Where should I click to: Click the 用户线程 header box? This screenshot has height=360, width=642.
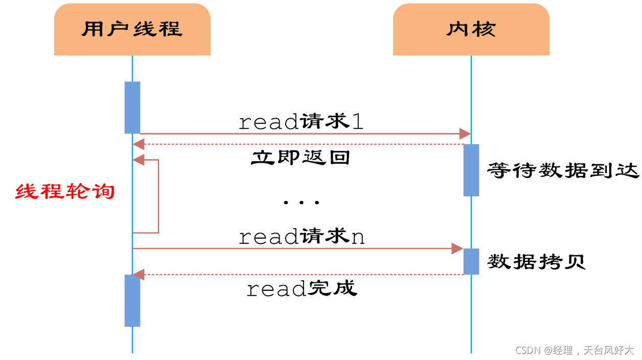pos(132,29)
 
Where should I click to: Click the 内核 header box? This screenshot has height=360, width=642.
pos(471,29)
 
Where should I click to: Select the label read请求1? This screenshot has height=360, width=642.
pos(301,122)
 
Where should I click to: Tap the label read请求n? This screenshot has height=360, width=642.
pos(302,237)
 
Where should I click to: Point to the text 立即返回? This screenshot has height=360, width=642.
pos(300,157)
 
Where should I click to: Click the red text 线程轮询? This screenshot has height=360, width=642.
pos(65,192)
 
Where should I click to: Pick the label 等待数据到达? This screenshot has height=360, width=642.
pos(563,170)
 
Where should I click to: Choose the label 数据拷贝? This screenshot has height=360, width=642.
pos(536,261)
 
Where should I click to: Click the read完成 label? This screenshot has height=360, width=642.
pos(302,289)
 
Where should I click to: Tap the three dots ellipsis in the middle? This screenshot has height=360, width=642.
pos(302,202)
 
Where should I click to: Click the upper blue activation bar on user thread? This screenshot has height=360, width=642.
pos(132,107)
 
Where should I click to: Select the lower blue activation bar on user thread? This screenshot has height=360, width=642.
pos(132,301)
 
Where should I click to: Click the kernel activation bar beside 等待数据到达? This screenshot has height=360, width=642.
pos(471,170)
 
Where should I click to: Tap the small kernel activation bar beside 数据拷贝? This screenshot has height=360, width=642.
pos(471,261)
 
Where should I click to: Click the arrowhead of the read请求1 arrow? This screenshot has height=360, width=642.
pos(465,134)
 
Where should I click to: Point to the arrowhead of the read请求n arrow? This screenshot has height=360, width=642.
pos(457,249)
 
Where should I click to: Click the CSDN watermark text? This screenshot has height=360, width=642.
pos(575,350)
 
